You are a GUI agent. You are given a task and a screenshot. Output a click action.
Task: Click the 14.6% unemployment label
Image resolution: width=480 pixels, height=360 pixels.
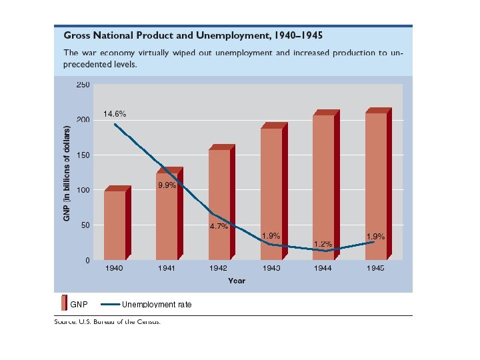[x=115, y=114]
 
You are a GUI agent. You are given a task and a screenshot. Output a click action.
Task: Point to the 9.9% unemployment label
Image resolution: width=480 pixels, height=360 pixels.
[x=167, y=185]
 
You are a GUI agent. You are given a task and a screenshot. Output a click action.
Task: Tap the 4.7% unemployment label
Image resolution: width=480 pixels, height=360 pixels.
[x=219, y=227]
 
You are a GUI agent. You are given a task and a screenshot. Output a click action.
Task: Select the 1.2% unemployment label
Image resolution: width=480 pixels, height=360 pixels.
[x=323, y=244]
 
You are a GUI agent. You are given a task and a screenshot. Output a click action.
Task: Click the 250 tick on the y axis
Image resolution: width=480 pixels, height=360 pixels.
[x=83, y=85]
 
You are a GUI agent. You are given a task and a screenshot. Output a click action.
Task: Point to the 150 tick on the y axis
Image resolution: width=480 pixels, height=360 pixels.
[x=83, y=155]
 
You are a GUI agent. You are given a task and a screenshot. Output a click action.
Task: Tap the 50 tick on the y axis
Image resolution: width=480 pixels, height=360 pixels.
[x=85, y=226]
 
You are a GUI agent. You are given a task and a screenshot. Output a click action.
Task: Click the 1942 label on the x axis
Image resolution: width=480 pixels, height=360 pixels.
[x=219, y=268]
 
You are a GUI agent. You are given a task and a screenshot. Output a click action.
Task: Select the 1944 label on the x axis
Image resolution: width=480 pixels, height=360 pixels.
[x=323, y=268]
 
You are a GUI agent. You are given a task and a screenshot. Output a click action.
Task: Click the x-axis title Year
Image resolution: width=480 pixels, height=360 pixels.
[x=237, y=281]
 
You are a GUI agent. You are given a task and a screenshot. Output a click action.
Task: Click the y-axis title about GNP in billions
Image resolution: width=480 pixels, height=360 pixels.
[x=67, y=173]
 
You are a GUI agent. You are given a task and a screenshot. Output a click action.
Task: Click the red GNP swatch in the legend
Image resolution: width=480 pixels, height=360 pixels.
[x=64, y=303]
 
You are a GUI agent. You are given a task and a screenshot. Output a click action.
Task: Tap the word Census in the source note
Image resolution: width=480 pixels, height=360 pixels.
[x=147, y=321]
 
